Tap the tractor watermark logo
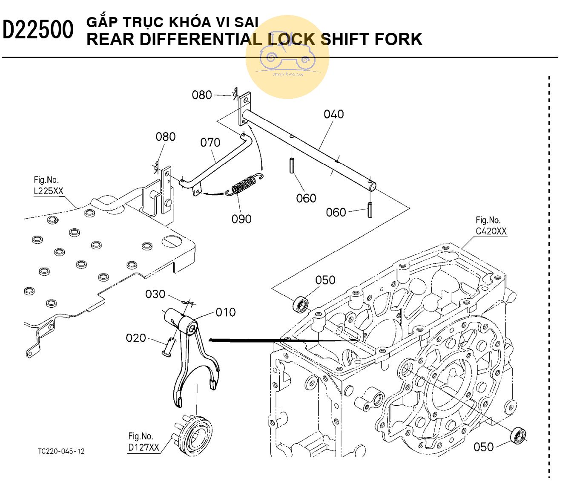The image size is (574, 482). [x=287, y=57]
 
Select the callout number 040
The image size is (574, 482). [x=333, y=114]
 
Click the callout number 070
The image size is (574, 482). [x=210, y=142]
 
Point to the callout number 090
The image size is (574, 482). [x=241, y=219]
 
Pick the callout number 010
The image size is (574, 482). [x=225, y=312]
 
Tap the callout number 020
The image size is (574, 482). [x=136, y=338]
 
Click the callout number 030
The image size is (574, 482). [x=155, y=294]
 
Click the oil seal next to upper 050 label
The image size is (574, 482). [x=301, y=305]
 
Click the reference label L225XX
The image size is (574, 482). [x=48, y=191]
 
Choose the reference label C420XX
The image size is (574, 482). [x=491, y=231]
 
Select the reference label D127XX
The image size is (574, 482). [x=143, y=447]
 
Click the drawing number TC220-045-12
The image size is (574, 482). [x=61, y=451]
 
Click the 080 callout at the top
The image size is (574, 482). [x=201, y=95]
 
